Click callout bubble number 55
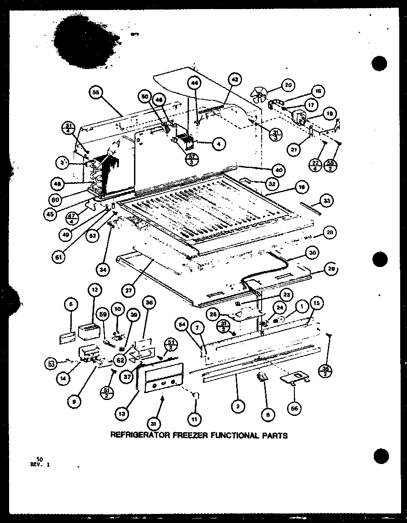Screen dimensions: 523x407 point(96,93)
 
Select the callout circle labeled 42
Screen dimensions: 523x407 point(234,79)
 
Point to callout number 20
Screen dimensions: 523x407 point(288,84)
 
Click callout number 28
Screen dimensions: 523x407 point(331,233)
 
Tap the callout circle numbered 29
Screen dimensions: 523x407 point(331,270)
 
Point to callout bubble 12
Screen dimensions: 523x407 point(95,289)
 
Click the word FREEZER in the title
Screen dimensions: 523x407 point(190,435)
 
